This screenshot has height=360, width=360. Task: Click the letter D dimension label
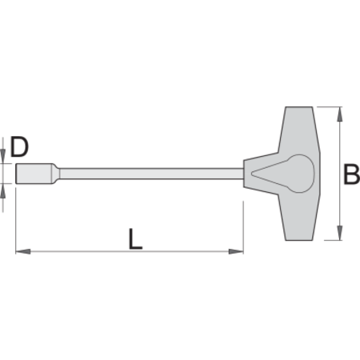(x=19, y=146)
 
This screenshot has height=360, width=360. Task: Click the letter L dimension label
(x=135, y=238)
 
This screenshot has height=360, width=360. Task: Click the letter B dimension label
(x=351, y=174)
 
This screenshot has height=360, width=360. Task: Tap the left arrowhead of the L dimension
(x=23, y=251)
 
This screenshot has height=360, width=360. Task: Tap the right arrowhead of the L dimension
(x=236, y=251)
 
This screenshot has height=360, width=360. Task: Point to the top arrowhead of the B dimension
(x=339, y=114)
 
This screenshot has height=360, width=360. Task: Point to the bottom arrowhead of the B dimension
(x=339, y=233)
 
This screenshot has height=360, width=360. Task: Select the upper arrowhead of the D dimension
(x=3, y=156)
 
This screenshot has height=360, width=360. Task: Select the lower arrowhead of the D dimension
(x=3, y=190)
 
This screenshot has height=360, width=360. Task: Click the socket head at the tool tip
(x=34, y=174)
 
